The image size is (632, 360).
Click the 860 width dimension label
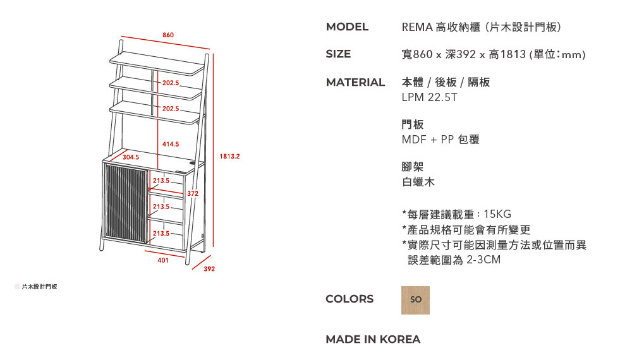pyautogui.click(x=168, y=35)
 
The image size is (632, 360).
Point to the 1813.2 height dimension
pyautogui.click(x=230, y=156)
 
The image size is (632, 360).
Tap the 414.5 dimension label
pyautogui.click(x=171, y=144)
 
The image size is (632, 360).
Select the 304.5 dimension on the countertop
pyautogui.click(x=131, y=157)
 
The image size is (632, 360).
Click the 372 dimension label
pyautogui.click(x=193, y=194)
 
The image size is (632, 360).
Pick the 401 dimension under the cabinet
pyautogui.click(x=163, y=261)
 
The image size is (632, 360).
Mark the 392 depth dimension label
pyautogui.click(x=209, y=269)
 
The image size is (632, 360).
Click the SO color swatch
pyautogui.click(x=416, y=300)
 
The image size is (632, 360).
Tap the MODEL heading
pyautogui.click(x=347, y=27)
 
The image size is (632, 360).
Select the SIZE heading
pyautogui.click(x=338, y=54)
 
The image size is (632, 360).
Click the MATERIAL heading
pyautogui.click(x=355, y=83)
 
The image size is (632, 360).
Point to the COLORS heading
pyautogui.click(x=349, y=299)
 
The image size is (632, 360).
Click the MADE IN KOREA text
pyautogui.click(x=373, y=339)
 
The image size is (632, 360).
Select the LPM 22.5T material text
pyautogui.click(x=429, y=97)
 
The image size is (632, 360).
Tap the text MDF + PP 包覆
pyautogui.click(x=441, y=140)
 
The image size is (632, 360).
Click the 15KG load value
pyautogui.click(x=497, y=214)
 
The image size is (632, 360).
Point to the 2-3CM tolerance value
pyautogui.click(x=483, y=260)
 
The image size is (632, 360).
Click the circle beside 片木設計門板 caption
pyautogui.click(x=17, y=287)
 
